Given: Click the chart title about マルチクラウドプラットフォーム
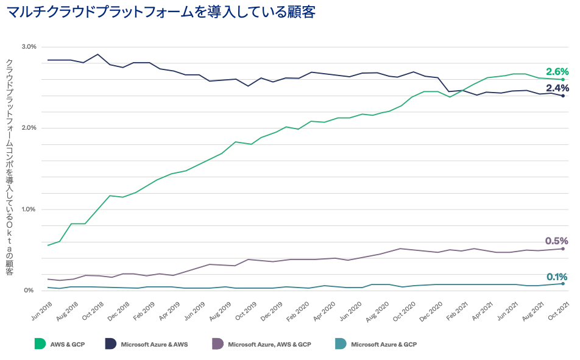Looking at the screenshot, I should tap(161, 12).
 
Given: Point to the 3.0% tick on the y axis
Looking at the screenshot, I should tap(29, 47).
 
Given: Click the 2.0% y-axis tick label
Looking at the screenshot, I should tap(29, 128).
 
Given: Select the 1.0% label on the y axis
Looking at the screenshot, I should tap(29, 210).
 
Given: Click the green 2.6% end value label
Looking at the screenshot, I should tap(557, 71).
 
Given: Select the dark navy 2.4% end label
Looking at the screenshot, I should tap(557, 88).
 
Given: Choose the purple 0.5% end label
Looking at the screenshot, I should tap(557, 241).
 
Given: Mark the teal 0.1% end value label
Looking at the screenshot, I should tap(557, 276).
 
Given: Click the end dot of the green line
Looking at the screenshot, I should tap(563, 80).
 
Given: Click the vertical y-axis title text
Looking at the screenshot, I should tap(10, 168).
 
